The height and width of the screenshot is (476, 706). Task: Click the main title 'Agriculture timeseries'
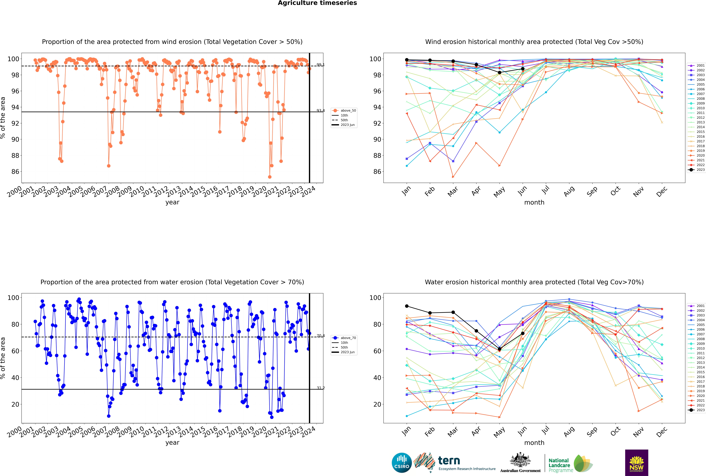pos(317,3)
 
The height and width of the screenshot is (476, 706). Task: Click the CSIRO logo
pos(402,463)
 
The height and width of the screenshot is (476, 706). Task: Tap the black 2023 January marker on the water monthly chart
pos(407,306)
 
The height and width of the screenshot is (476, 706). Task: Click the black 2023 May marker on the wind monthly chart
pos(499,73)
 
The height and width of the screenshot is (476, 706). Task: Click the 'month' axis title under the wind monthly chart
pos(534,203)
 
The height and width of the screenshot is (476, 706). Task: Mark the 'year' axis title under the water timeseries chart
pos(172,443)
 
